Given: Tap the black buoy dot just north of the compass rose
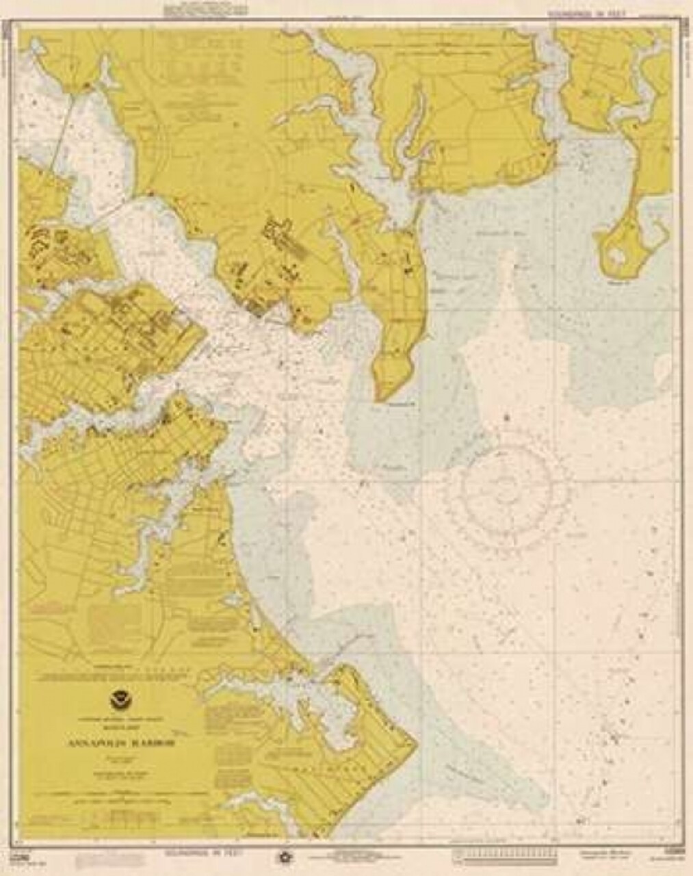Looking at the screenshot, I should click(507, 415).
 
